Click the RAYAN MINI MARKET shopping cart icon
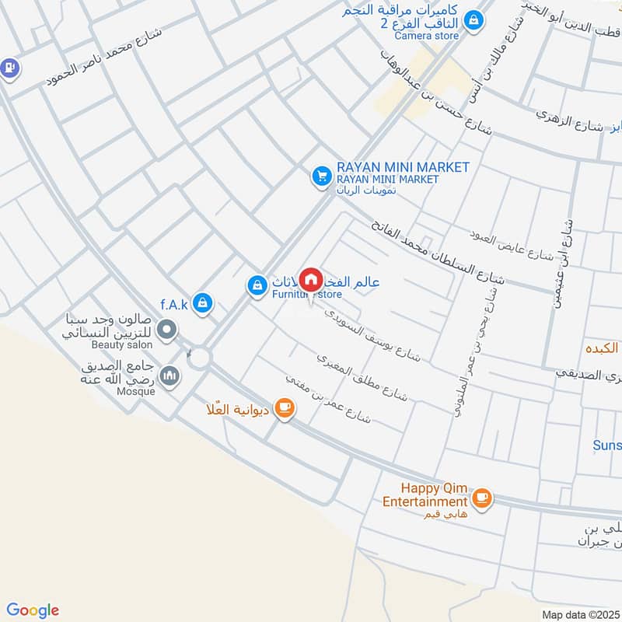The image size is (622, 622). [320, 177]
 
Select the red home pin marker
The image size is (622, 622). [311, 280]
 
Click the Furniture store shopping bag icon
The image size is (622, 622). [256, 286]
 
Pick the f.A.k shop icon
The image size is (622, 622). [202, 303]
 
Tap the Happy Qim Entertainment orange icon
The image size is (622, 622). [481, 497]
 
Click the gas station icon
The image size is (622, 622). [9, 68]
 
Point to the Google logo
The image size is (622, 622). [33, 610]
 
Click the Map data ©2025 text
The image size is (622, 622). [578, 614]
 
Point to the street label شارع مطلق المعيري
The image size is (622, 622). [362, 378]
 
